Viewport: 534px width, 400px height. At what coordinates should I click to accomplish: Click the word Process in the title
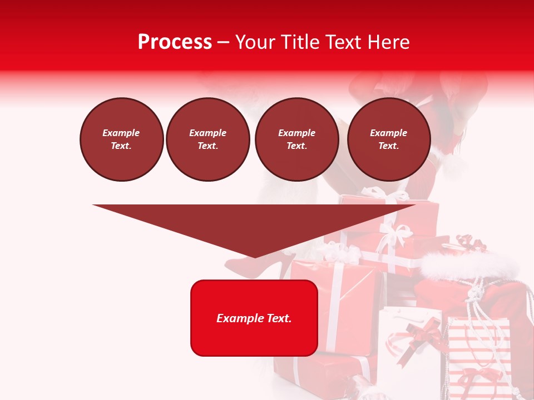[175, 42]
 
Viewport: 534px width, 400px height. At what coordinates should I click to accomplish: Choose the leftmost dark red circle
[121, 139]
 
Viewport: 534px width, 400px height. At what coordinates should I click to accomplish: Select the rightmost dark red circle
[389, 139]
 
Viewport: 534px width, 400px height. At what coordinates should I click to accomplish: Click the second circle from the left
[207, 139]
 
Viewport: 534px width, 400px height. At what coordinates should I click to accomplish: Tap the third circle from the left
[296, 139]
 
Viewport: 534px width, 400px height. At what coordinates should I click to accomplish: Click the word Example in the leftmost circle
[121, 133]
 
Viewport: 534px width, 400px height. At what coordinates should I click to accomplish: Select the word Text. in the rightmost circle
[389, 146]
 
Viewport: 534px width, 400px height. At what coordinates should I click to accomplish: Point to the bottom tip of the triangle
[255, 257]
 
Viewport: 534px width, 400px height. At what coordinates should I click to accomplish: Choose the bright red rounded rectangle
[254, 318]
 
